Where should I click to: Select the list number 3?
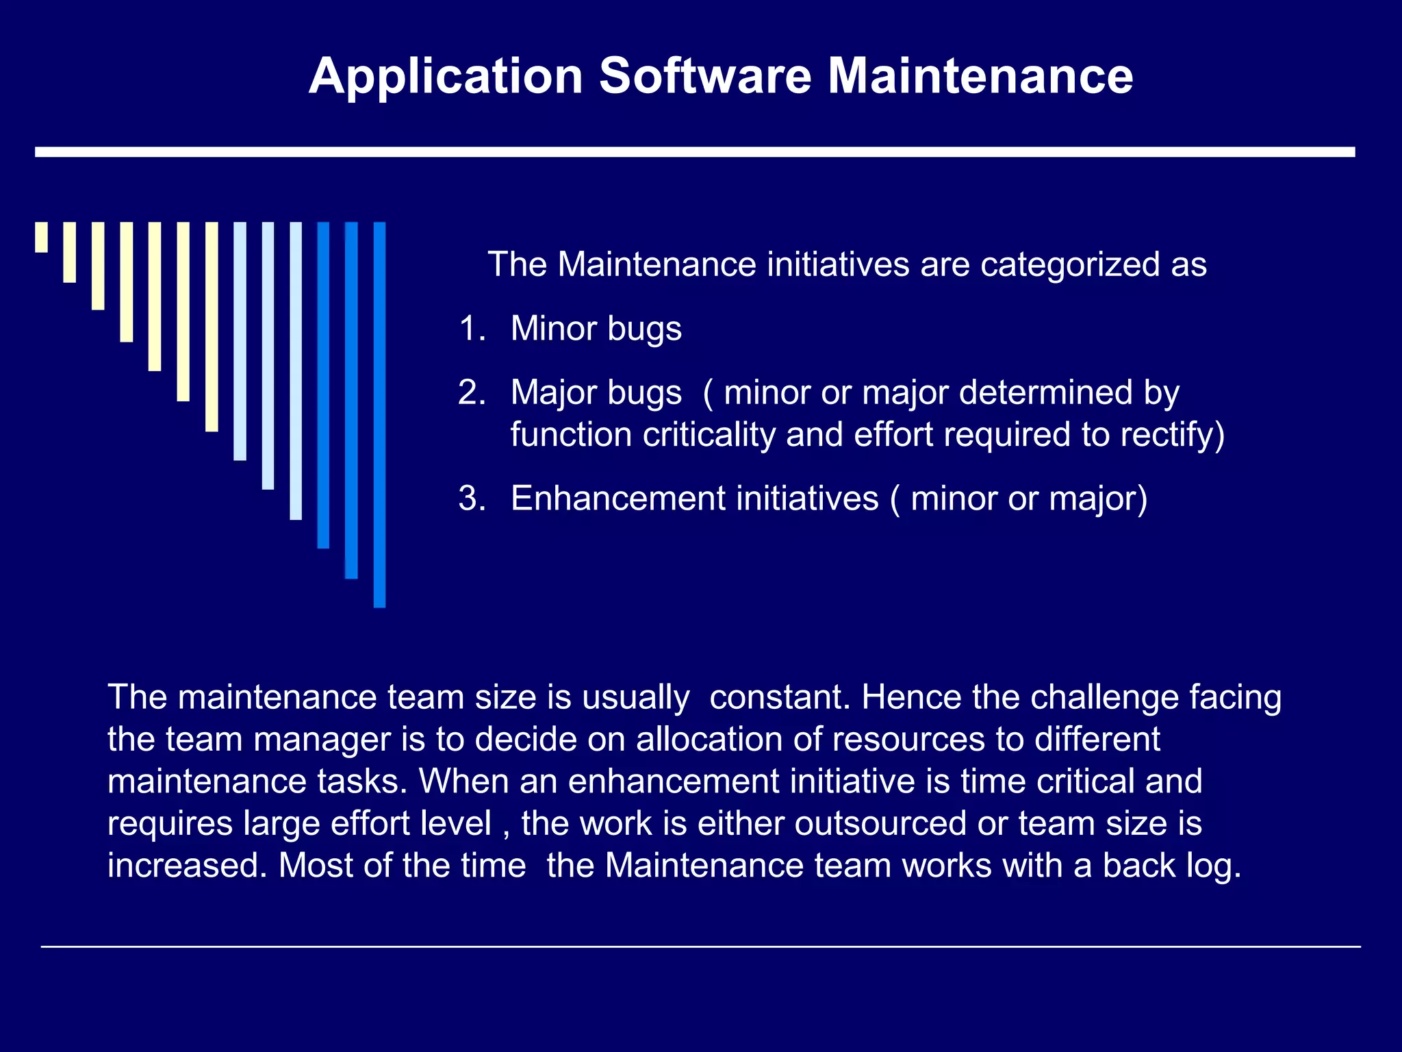click(471, 499)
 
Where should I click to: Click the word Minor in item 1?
click(554, 329)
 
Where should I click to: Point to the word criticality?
click(709, 436)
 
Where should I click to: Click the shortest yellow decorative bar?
click(42, 237)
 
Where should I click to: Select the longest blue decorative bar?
click(379, 414)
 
